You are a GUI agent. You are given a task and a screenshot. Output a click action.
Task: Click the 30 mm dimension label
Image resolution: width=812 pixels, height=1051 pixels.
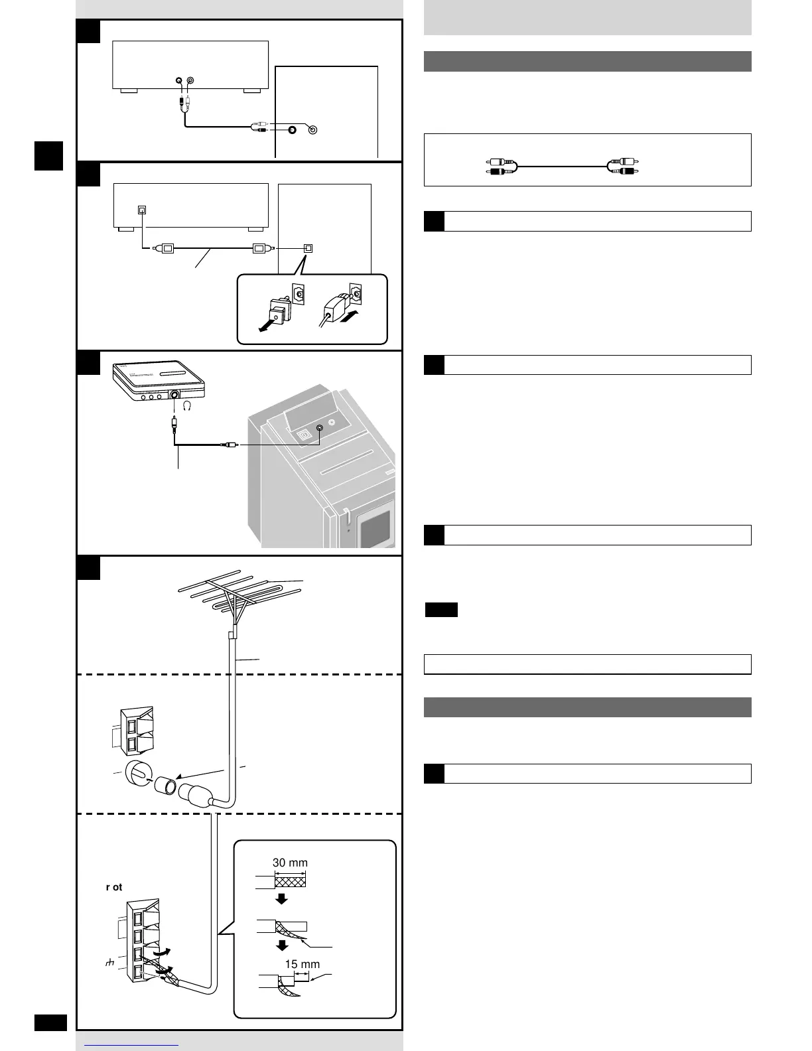(x=290, y=863)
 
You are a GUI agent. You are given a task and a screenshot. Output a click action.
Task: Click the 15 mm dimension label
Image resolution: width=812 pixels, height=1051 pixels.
(x=302, y=964)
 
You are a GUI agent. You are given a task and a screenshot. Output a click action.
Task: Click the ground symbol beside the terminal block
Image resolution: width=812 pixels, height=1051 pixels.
(x=110, y=962)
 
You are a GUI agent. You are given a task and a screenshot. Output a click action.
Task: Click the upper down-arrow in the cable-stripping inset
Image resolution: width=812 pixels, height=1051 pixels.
(x=281, y=899)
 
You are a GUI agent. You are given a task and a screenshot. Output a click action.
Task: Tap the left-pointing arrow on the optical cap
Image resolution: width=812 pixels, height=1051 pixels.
(x=269, y=325)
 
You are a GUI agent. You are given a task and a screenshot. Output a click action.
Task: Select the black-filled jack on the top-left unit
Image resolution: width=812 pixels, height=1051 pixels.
(x=179, y=81)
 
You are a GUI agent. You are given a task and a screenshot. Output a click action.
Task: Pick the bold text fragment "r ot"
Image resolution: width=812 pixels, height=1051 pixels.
(x=114, y=887)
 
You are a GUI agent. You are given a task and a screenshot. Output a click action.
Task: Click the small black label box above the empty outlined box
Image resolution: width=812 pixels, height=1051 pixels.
(x=441, y=610)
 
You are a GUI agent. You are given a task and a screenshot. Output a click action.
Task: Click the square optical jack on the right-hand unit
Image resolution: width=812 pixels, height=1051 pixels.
(x=307, y=248)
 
